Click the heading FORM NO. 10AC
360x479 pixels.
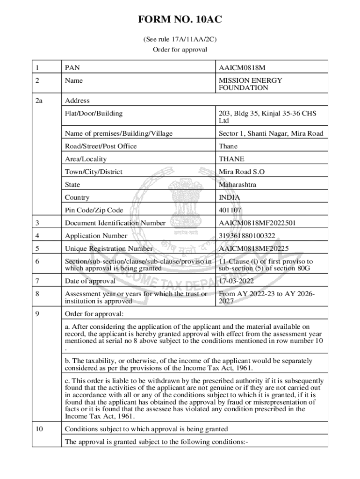pos(180,20)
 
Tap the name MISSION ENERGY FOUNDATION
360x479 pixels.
pos(250,84)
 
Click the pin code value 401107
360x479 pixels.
pos(230,210)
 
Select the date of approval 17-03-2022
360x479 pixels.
pos(236,281)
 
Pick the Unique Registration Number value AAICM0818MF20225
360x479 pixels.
pos(252,249)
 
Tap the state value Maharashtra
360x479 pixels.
pos(238,185)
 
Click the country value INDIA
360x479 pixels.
pos(229,197)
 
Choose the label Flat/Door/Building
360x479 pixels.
pos(94,113)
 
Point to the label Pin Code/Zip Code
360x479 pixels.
pos(94,210)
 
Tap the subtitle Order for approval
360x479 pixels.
pos(180,50)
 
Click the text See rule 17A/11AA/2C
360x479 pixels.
pos(180,40)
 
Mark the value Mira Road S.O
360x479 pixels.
pos(241,172)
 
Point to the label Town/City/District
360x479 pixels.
pos(94,172)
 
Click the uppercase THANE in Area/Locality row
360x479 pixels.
pos(231,159)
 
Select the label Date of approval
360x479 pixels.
pos(90,281)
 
